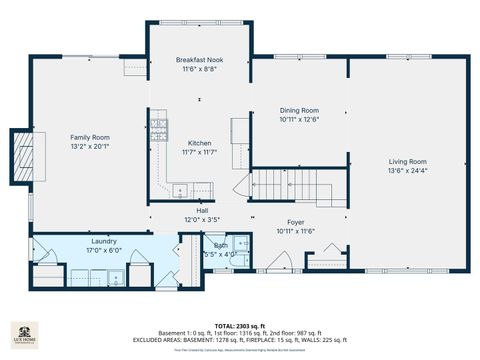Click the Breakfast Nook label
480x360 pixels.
200,60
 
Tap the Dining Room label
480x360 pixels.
299,110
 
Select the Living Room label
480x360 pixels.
408,161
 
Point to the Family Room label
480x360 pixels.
90,137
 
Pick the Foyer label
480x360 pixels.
296,222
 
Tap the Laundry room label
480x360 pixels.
103,241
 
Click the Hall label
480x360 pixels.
201,210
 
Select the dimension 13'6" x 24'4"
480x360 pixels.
408,170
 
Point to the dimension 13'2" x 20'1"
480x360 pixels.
90,146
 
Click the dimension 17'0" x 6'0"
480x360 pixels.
103,250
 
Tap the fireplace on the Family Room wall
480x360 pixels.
21,157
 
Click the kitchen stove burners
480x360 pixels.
158,127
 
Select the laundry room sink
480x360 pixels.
82,275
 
